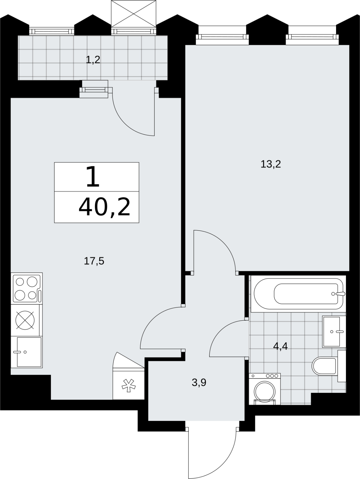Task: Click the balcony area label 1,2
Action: pos(93,60)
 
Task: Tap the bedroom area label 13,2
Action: pos(271,164)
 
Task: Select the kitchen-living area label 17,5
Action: pos(94,261)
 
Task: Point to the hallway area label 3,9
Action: pos(199,382)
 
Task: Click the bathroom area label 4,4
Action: pos(280,346)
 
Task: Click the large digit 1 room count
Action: pos(93,177)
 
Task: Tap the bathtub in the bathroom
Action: pos(298,294)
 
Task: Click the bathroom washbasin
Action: pos(334,332)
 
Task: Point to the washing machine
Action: pos(265,389)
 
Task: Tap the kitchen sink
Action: pos(27,352)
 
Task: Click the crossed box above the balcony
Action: pos(134,14)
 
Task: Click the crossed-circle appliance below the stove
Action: pos(25,320)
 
